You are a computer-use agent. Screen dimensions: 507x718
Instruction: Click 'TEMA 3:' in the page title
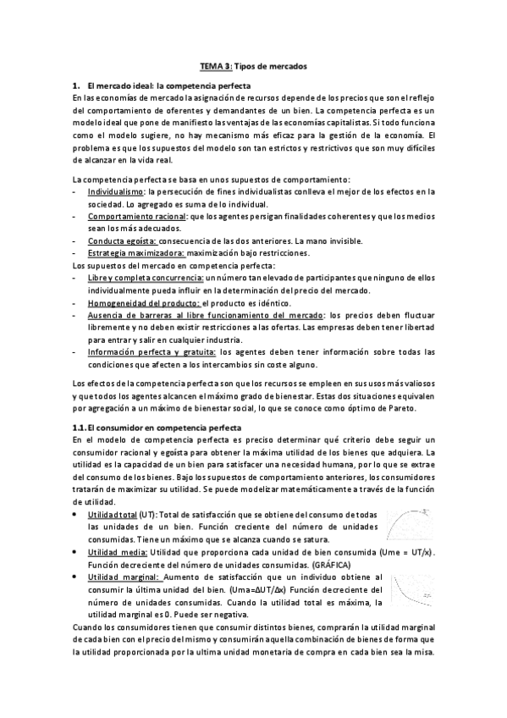[x=213, y=64]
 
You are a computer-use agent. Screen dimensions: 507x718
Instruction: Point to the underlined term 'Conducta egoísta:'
[x=122, y=241]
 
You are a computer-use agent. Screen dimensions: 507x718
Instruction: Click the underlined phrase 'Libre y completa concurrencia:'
[x=145, y=278]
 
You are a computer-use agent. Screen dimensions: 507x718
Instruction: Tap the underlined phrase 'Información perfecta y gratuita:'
[x=151, y=351]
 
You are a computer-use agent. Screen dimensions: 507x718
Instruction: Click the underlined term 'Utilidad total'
[x=113, y=515]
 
